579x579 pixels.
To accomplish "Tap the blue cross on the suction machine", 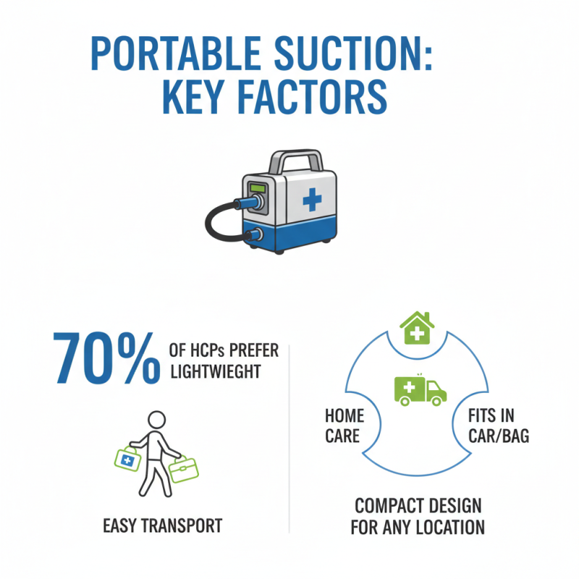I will point(312,198).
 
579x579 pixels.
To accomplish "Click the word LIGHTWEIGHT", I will point(214,372).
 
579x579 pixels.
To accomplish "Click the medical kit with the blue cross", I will point(127,459).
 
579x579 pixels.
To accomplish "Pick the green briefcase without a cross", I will point(182,469).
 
